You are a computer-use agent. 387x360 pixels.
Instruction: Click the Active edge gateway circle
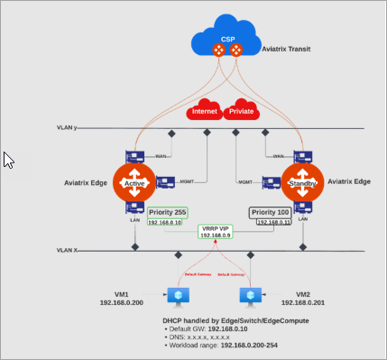(x=135, y=183)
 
